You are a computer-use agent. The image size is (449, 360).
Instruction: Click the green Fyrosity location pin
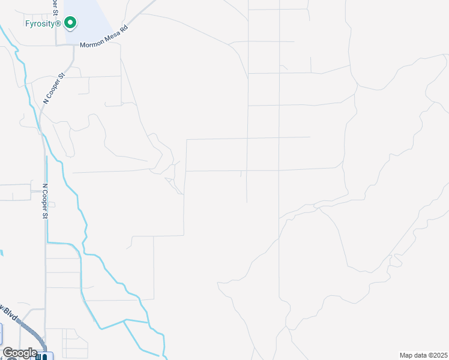pyautogui.click(x=70, y=23)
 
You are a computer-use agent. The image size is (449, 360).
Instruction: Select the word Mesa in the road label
pyautogui.click(x=112, y=37)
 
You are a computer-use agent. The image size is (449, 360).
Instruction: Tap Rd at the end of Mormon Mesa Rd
pyautogui.click(x=124, y=28)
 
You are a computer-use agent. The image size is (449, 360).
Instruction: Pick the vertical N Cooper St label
pyautogui.click(x=44, y=201)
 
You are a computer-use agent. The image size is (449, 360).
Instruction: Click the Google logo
pyautogui.click(x=20, y=353)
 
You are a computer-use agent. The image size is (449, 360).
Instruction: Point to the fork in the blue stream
pyautogui.click(x=125, y=321)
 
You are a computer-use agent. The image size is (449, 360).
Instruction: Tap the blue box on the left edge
pyautogui.click(x=1, y=332)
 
